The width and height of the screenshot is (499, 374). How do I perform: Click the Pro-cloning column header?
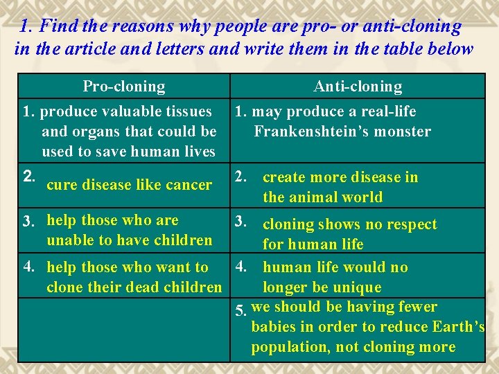coord(124,87)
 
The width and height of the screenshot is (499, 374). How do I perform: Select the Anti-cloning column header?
coord(358,87)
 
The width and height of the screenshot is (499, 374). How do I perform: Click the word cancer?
coord(189,185)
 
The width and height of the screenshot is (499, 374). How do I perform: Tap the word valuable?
coord(129,112)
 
